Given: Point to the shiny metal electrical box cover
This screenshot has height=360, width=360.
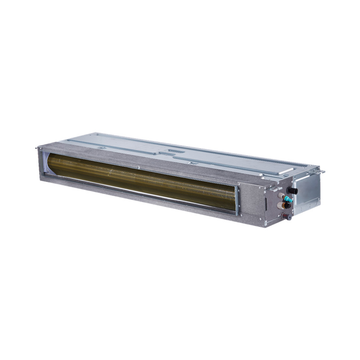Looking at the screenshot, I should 307,191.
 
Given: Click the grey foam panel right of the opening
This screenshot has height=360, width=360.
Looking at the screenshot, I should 250,198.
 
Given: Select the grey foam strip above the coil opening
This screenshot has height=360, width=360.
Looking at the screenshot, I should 135,160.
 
